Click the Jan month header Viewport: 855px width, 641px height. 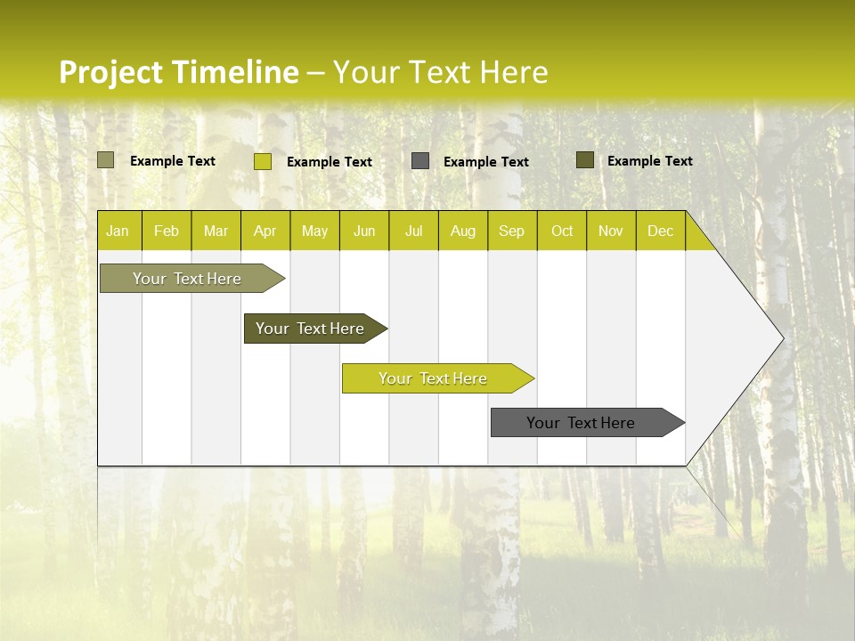point(118,231)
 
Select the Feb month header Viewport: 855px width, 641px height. point(167,231)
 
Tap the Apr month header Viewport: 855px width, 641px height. point(265,231)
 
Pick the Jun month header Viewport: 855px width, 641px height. point(364,231)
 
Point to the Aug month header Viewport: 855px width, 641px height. point(463,231)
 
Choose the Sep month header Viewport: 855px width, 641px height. point(512,231)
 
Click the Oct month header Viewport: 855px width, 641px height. point(562,231)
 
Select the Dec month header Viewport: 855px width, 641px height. point(661,231)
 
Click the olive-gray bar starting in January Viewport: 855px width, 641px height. point(187,279)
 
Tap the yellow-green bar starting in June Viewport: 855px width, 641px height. point(434,378)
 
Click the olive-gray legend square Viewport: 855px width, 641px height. point(106,160)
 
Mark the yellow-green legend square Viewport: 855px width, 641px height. point(263,161)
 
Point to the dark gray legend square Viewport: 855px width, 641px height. point(420,161)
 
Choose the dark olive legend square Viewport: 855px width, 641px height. point(585,160)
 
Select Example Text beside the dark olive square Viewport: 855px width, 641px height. point(650,161)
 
